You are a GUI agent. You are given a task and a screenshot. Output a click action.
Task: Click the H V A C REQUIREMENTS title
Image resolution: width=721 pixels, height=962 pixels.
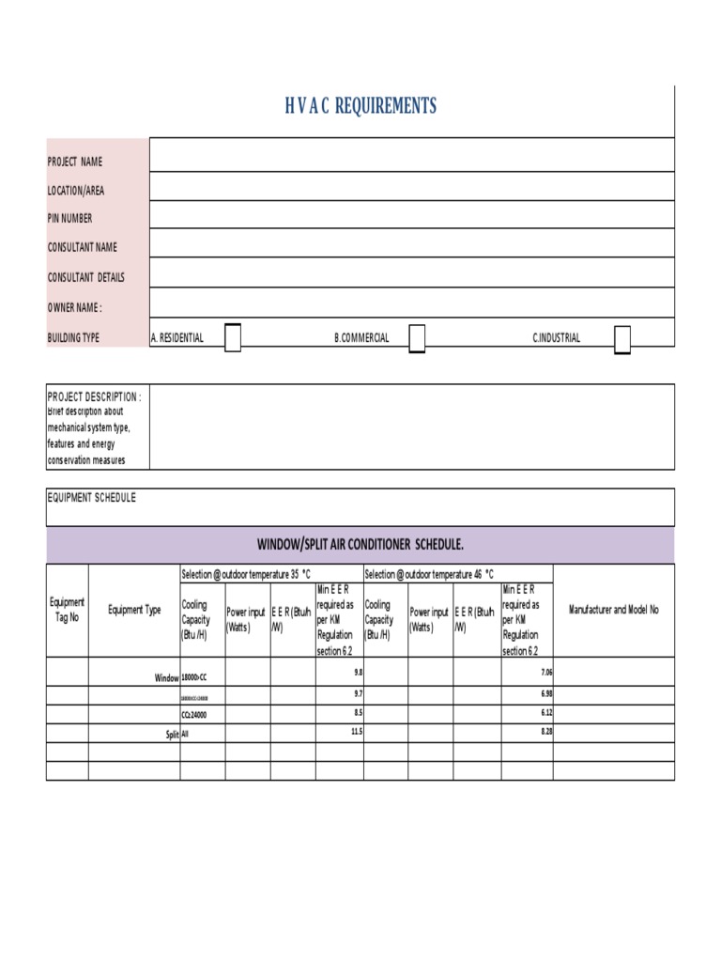[360, 106]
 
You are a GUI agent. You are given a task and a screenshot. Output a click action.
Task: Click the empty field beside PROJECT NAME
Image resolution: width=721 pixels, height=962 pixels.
[411, 155]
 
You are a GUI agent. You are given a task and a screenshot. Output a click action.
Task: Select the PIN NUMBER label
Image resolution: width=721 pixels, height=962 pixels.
[70, 218]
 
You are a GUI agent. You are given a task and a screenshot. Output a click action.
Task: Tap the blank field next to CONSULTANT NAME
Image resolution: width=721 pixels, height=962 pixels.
[411, 243]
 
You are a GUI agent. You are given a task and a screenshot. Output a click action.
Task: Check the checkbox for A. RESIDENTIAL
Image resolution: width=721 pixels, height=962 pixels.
[233, 337]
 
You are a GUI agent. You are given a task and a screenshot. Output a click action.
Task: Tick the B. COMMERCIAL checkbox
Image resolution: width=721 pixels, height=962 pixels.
[417, 337]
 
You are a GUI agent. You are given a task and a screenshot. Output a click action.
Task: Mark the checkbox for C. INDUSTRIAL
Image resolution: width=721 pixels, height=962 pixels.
[621, 338]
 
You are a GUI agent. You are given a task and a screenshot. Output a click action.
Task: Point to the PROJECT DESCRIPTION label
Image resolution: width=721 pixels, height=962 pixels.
[94, 396]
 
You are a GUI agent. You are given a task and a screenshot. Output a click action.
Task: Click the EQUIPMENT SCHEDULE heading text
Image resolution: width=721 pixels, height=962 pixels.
[91, 497]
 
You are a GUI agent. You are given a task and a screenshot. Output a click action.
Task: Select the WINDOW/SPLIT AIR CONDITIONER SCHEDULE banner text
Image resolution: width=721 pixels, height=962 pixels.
[360, 545]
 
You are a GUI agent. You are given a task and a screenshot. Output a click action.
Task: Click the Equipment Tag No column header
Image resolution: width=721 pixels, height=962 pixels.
[68, 610]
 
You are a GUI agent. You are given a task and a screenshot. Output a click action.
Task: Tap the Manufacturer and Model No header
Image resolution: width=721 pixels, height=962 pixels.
[614, 610]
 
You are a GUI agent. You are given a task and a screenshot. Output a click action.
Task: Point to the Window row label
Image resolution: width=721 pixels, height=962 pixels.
[166, 677]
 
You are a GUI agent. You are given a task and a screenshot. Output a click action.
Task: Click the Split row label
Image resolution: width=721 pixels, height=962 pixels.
[172, 734]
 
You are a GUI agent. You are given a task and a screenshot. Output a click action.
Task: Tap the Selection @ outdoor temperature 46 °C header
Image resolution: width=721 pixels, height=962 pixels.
[429, 573]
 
